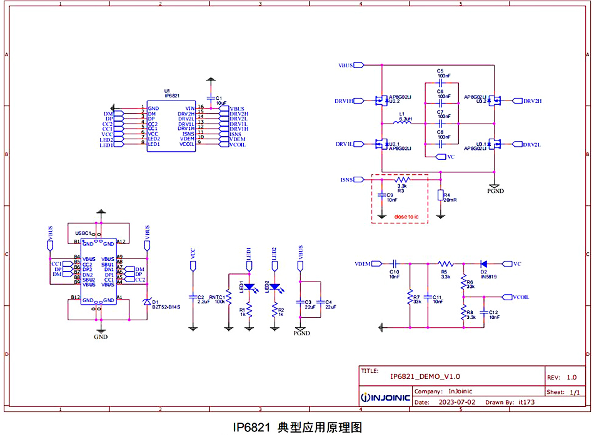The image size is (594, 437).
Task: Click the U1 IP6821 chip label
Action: [x=171, y=93]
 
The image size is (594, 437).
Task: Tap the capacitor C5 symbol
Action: [x=441, y=82]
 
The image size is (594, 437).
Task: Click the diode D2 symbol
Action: [x=483, y=263]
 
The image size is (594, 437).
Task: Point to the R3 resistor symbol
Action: [x=402, y=180]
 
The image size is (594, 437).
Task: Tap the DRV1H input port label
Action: [x=345, y=101]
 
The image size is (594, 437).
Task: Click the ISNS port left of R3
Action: [x=348, y=180]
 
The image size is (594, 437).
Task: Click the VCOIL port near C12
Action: [x=521, y=297]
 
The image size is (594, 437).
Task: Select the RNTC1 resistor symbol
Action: [x=229, y=303]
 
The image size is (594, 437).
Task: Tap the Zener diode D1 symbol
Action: [x=147, y=302]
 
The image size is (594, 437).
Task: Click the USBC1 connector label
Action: [x=83, y=233]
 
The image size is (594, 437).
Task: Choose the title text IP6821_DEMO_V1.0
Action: [x=425, y=376]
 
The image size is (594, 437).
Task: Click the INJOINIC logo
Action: [x=386, y=397]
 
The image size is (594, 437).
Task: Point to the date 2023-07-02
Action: [x=458, y=403]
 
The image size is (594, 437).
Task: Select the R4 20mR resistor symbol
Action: [x=440, y=196]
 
